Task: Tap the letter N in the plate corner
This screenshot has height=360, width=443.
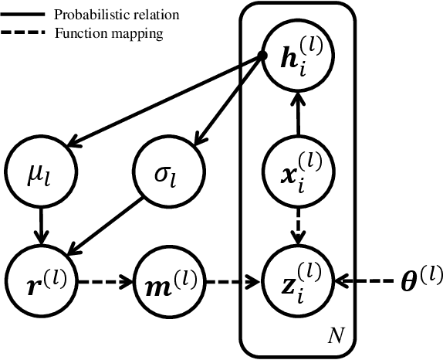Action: (335, 335)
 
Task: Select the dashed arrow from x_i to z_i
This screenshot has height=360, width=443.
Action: (297, 226)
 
